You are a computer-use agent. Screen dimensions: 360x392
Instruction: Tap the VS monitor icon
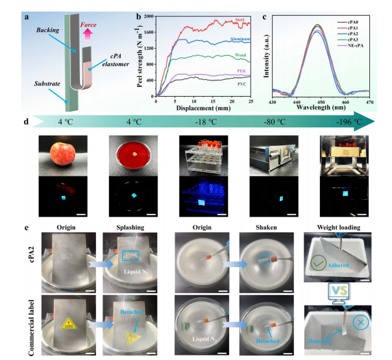(335, 291)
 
